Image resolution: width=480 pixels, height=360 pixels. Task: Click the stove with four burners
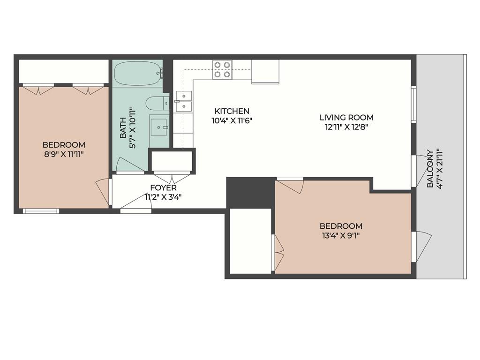click(x=222, y=69)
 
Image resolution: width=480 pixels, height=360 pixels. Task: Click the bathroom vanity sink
click(x=159, y=126)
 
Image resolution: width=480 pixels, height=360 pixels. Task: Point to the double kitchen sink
click(x=184, y=101)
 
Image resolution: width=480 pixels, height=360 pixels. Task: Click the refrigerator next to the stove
click(x=265, y=71)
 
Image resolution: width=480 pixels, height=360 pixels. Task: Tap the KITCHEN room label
click(x=232, y=111)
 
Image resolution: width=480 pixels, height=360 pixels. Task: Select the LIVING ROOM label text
click(x=346, y=117)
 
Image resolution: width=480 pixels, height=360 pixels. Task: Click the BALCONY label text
click(x=429, y=169)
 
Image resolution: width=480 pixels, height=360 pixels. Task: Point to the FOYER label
click(x=163, y=188)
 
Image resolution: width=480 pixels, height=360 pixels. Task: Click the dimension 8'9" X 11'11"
click(x=64, y=154)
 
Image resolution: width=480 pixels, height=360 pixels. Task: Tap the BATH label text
click(x=123, y=128)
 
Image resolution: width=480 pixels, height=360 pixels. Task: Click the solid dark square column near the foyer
click(x=250, y=192)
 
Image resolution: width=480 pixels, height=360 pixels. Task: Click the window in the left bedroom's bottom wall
click(x=41, y=211)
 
